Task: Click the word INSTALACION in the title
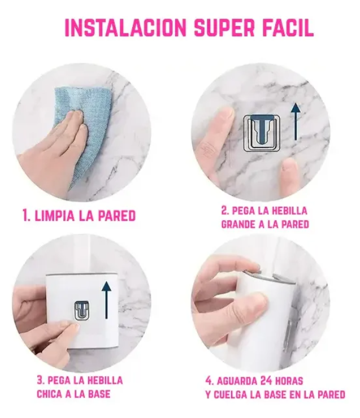[x=125, y=28]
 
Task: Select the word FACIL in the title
[x=288, y=28]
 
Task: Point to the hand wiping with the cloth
[x=53, y=149]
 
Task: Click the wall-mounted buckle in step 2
[x=262, y=133]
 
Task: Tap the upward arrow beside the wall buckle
[x=296, y=121]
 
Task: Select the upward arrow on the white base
[x=107, y=299]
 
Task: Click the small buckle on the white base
[x=81, y=311]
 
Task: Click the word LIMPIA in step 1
[x=54, y=215]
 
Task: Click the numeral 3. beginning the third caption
[x=41, y=380]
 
